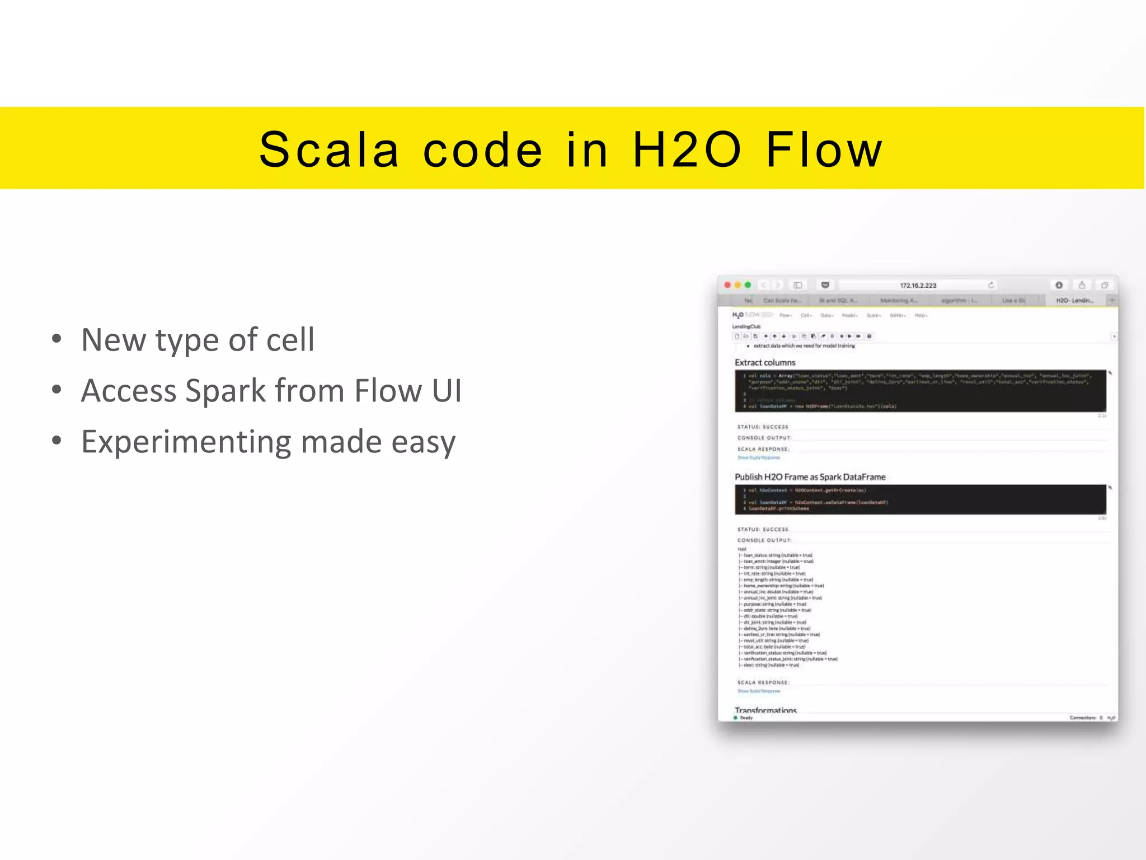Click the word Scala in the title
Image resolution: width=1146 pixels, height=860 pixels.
tap(329, 150)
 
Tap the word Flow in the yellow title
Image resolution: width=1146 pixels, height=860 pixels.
tap(824, 150)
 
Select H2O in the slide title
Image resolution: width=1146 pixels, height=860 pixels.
tap(687, 150)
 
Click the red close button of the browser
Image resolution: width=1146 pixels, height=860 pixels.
tap(727, 285)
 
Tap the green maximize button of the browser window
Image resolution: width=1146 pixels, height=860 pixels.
tap(748, 285)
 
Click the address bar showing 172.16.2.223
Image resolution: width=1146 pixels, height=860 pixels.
tap(918, 285)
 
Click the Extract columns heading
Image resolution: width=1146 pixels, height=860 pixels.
tap(764, 362)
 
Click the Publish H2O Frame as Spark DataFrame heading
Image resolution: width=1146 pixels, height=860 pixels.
tap(810, 477)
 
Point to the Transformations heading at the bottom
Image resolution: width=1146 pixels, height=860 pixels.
tap(765, 709)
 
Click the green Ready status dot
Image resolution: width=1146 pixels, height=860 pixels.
tap(735, 717)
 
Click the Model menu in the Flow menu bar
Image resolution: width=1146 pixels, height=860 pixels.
tap(849, 316)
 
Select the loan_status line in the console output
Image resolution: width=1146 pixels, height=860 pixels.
tap(777, 555)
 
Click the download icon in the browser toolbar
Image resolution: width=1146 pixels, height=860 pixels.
tap(1059, 285)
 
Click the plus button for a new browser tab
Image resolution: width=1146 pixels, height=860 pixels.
tap(1112, 301)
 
